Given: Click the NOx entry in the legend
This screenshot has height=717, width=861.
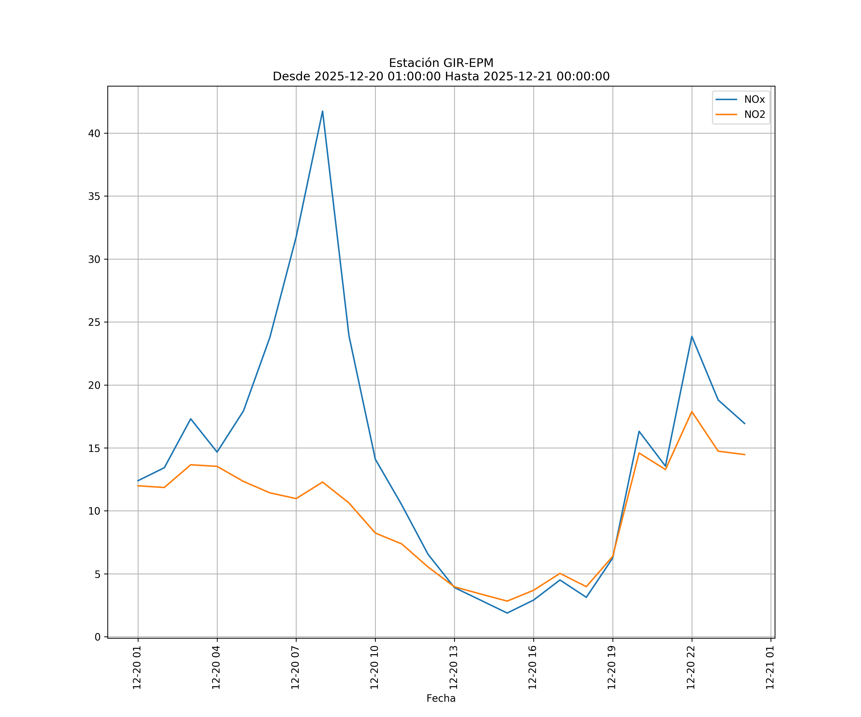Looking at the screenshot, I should coord(754,100).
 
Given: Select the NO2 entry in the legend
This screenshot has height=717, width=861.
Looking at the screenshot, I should coord(754,115).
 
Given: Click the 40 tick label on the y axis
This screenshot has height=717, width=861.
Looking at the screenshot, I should coord(94,134).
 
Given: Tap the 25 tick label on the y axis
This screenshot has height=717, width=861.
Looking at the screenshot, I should coord(94,322).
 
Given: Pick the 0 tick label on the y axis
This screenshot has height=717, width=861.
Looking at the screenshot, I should coord(98,637).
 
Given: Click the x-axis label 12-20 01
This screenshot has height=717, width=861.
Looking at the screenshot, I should coord(137,668).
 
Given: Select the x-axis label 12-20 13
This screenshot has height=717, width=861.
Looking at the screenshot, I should coord(453,668).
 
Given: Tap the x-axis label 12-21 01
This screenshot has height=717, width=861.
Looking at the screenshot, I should coord(770,668).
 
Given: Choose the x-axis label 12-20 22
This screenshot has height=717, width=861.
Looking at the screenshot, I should coord(691,668).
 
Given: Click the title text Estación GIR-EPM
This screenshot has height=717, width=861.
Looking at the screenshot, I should coord(441,63).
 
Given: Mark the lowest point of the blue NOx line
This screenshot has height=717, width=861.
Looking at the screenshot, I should coord(507,613).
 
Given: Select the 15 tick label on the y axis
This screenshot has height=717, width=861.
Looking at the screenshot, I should coord(94,448).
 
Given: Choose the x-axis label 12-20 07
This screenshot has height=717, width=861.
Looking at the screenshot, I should coord(295,668).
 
